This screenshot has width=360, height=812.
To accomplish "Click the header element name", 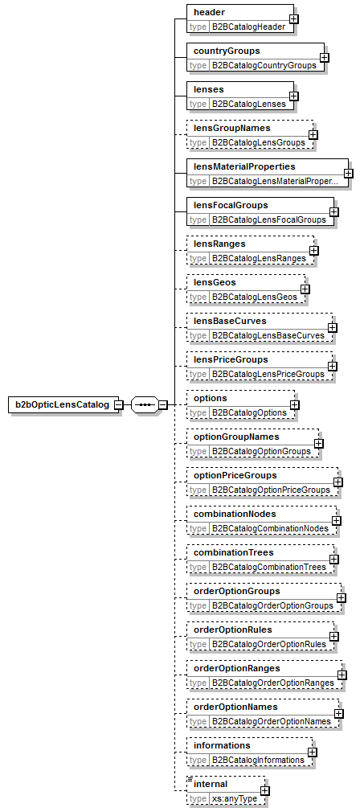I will pos(207,13).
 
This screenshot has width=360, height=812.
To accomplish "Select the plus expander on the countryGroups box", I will pos(325,57).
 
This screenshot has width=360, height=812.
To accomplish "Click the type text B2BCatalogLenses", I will pos(239,104).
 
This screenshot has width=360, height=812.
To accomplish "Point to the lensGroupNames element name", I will pos(229,129).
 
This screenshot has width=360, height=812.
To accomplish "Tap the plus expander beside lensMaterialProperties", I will pos(349,173).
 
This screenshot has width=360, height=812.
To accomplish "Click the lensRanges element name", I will pos(218,244).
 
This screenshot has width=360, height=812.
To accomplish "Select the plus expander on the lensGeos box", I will pos(305,289).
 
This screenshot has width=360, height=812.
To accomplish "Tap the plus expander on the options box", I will pos(295,404).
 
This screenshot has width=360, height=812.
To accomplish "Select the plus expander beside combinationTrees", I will pos(333,559).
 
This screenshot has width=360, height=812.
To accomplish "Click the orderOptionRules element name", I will pos(233,630).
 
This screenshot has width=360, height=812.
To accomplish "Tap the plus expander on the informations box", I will pos(313,752).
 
